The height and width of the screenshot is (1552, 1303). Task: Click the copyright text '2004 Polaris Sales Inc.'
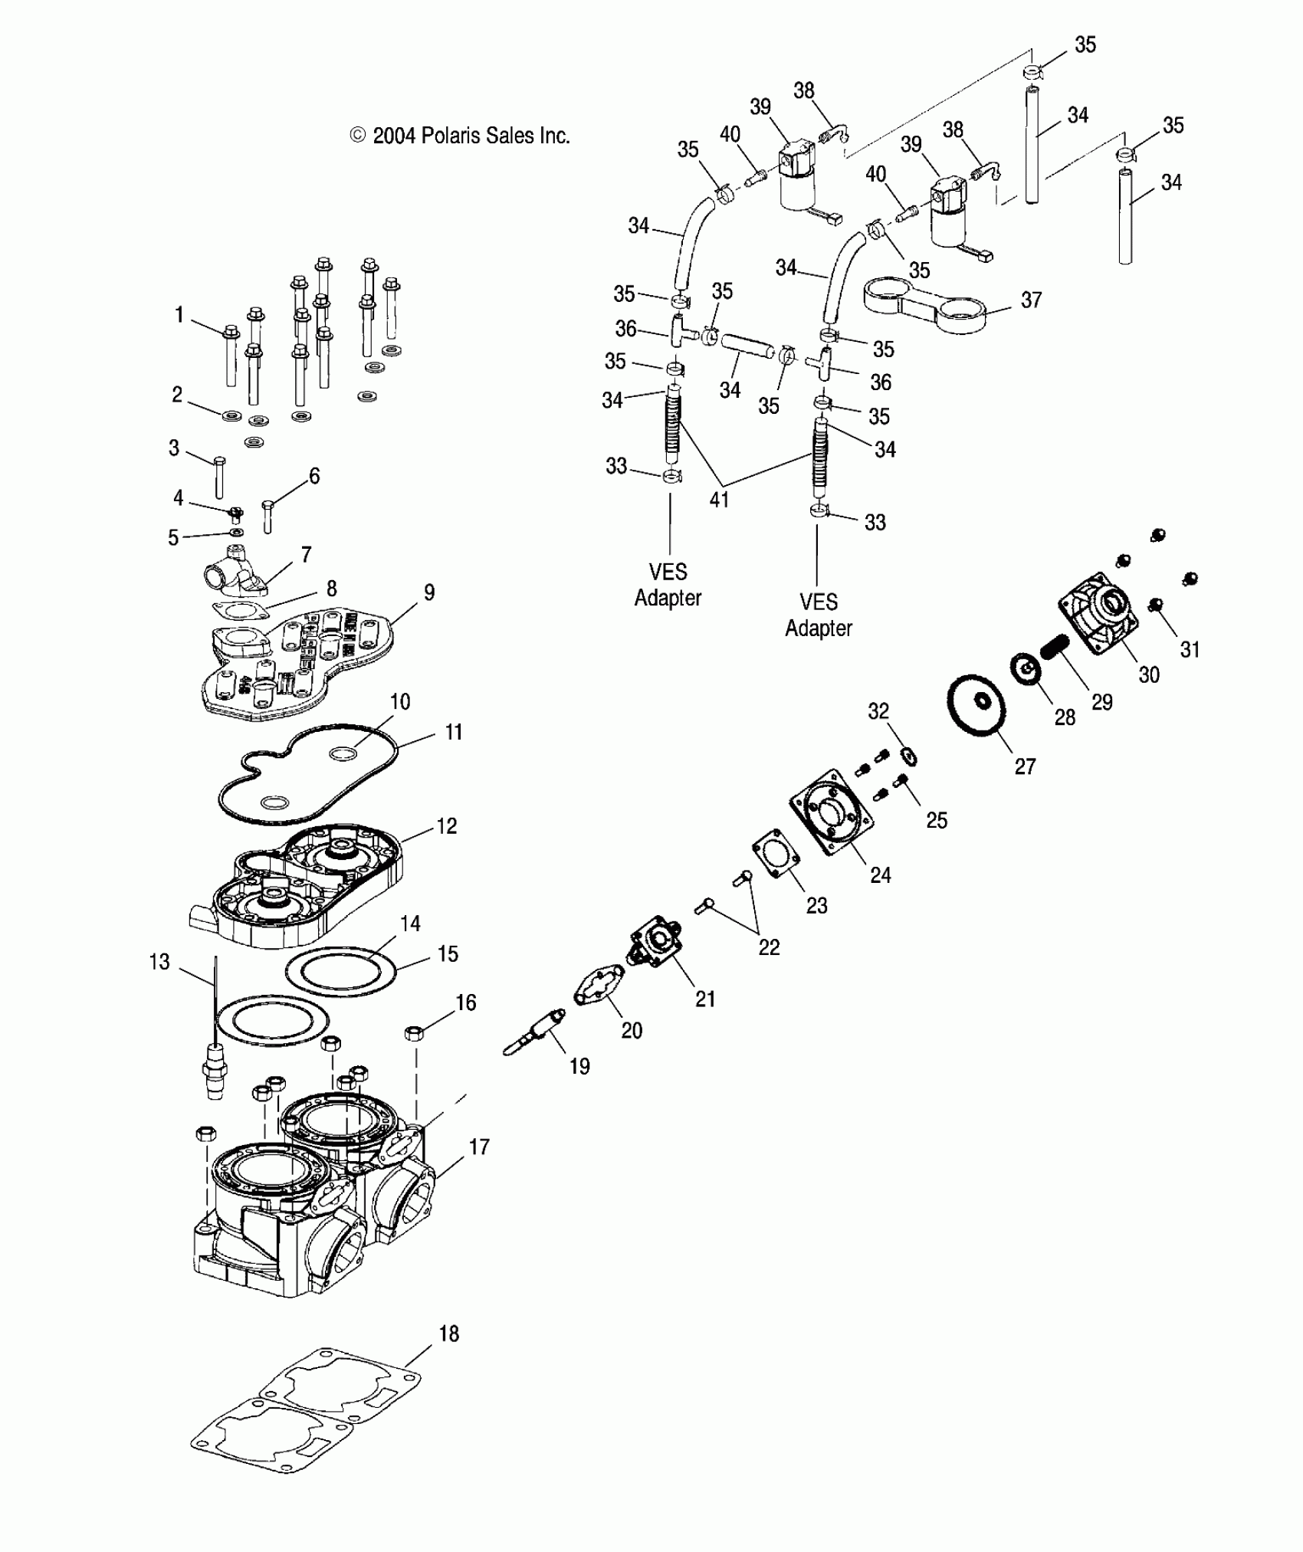click(460, 136)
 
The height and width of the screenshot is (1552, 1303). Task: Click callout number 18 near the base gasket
click(448, 1334)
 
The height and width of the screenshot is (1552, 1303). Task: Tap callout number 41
click(719, 500)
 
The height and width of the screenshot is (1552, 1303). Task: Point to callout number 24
click(880, 874)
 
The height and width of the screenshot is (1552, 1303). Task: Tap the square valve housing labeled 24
click(832, 812)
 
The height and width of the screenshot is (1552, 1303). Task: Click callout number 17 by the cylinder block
click(479, 1168)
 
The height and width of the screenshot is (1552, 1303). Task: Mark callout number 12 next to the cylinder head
click(446, 825)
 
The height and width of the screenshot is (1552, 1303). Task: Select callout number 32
click(878, 710)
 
